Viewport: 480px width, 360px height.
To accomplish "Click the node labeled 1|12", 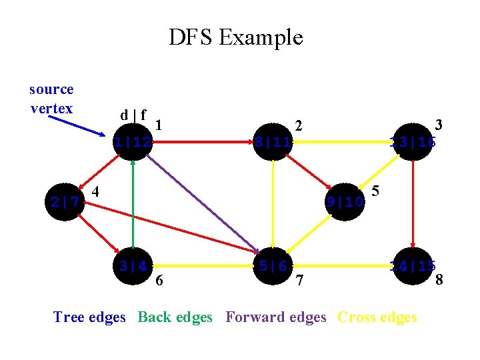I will pos(133,141).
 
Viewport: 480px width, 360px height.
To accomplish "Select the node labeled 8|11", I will pos(273,141).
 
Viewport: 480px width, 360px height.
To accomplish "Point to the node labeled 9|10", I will pos(345,201).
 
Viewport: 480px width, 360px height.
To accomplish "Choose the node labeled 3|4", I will pos(133,265).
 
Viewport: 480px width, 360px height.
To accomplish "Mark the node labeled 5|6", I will pos(273,265).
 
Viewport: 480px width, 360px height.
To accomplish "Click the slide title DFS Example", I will pos(235,37).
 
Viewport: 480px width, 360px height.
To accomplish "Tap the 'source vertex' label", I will pos(51,99).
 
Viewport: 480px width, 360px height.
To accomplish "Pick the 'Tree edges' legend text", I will pos(89,317).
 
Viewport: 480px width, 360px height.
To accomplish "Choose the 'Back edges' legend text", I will pos(175,317).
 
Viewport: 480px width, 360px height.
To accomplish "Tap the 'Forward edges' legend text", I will pos(276,317).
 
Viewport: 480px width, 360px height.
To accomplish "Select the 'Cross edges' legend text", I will pos(377,317).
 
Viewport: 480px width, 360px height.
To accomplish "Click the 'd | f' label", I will pos(133,115).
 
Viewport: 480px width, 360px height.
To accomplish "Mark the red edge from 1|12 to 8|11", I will pos(203,141).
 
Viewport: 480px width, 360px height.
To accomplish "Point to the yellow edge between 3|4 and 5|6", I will pos(203,265).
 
